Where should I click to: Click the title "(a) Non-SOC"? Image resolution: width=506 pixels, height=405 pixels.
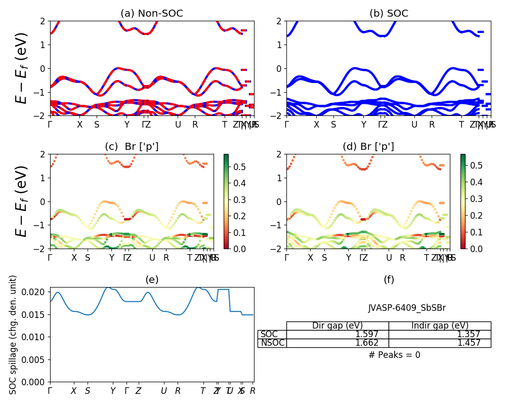[152, 14]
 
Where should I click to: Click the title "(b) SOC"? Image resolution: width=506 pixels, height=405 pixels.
[389, 14]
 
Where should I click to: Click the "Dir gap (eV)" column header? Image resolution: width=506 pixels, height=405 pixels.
[338, 326]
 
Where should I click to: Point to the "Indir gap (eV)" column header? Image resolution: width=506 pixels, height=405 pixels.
[440, 326]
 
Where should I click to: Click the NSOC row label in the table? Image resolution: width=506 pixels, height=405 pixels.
[272, 343]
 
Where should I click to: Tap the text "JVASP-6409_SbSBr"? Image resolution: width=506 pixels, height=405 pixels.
[407, 308]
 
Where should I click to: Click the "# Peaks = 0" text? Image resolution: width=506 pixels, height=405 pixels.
[395, 355]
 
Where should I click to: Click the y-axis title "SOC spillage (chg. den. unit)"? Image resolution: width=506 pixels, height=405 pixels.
[13, 335]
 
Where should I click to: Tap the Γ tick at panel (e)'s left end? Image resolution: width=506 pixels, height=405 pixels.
[50, 391]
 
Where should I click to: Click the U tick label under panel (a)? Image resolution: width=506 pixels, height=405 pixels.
[178, 125]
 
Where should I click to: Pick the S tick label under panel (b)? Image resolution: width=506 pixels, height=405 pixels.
[333, 125]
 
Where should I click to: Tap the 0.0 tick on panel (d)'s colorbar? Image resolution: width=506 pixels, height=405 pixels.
[471, 249]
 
